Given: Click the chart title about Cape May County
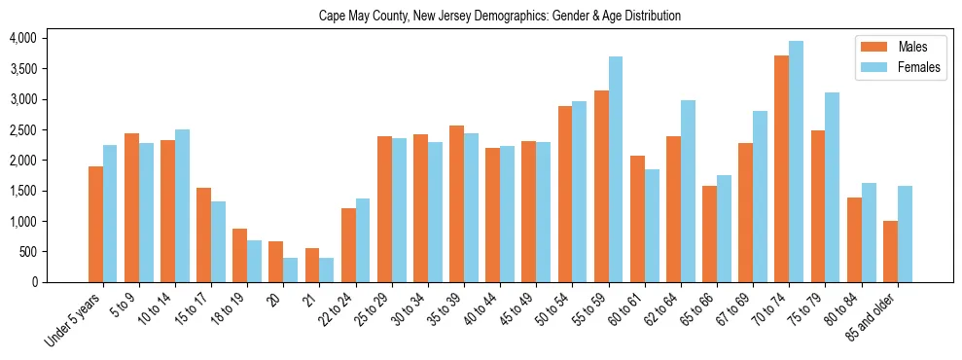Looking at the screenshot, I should [499, 17].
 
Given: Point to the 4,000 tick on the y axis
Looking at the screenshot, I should [22, 38].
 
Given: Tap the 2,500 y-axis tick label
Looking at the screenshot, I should [22, 129].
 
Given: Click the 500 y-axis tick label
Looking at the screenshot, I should [28, 252].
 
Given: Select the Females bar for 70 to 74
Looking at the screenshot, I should [796, 162].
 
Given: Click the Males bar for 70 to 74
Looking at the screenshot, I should [781, 169].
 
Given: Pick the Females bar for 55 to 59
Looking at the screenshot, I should [616, 169].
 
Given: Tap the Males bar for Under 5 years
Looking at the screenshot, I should [95, 224].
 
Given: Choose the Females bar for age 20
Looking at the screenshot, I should [291, 270].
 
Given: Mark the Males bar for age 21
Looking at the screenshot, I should [312, 265].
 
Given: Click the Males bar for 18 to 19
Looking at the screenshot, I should [239, 255].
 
